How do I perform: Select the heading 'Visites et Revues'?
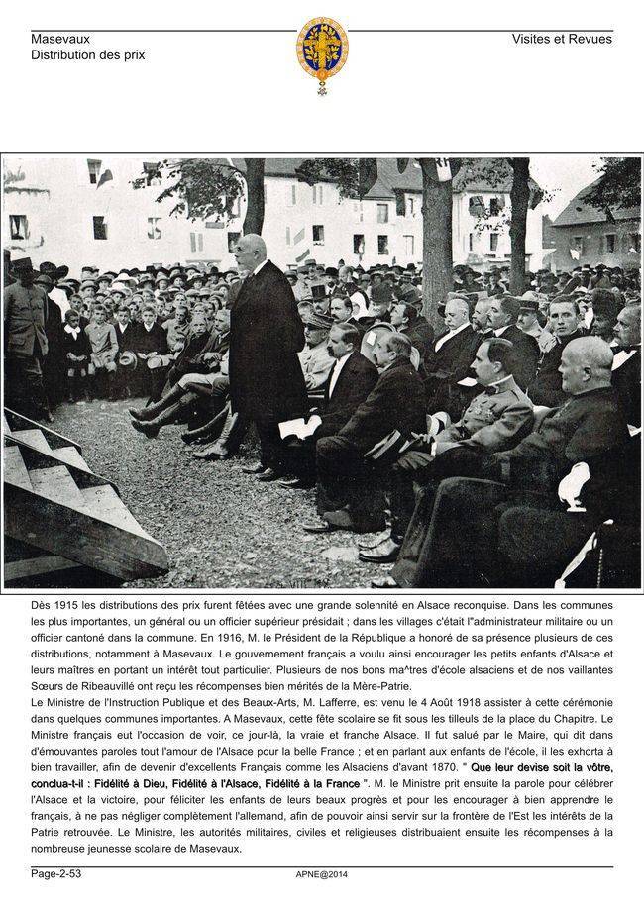[x=562, y=39]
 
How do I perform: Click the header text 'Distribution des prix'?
[x=87, y=55]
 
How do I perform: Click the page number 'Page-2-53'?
[x=55, y=873]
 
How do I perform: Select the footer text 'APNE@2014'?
[x=322, y=874]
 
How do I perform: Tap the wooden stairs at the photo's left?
[x=69, y=495]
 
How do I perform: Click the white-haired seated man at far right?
[x=585, y=416]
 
